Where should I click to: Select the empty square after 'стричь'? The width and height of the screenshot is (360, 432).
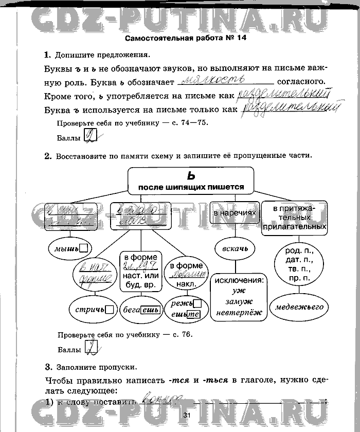coord(109,310)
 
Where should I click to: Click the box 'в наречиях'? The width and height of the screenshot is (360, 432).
coord(235,212)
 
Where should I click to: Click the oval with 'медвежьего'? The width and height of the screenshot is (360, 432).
coord(299,307)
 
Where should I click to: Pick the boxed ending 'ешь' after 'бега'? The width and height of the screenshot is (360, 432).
coord(149,310)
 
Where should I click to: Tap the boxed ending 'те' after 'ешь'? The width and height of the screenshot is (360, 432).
coord(193,314)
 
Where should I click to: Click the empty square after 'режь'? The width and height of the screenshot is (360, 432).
coord(197,303)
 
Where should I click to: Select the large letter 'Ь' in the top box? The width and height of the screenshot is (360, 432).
coord(191,175)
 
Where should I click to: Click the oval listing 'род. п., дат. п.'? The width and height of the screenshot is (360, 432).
coord(299,264)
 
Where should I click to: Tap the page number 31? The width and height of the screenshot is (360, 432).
coord(186,416)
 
